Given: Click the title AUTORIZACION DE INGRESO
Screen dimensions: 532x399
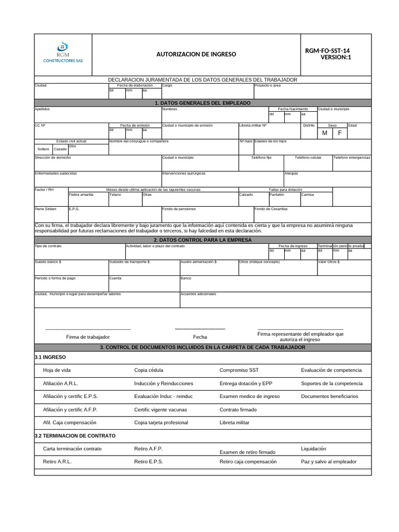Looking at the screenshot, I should tap(196, 55).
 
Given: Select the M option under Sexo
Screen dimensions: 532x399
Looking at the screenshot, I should tap(325, 134).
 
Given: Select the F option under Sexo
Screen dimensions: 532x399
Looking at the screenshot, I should tap(340, 134).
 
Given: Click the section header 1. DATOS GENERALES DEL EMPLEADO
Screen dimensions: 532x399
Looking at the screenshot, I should tap(203, 103).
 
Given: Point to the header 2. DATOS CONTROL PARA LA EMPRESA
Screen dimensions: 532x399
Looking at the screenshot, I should tap(203, 240).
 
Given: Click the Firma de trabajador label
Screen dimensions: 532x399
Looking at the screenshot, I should tap(88, 337).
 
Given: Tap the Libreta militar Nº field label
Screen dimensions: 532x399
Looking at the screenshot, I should tap(253, 126).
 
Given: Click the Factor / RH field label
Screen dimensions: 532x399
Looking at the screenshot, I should tap(44, 190).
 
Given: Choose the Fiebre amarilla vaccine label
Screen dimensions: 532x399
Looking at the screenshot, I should tap(81, 195).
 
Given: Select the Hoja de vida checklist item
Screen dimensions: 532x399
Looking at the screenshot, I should tap(57, 370).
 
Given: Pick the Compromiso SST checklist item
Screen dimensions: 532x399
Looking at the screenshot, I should tap(238, 370).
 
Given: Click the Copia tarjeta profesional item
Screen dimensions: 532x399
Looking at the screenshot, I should tap(161, 423).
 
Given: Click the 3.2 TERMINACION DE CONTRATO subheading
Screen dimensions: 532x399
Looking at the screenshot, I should tap(75, 435).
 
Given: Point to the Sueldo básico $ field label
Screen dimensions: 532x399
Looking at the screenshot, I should tap(48, 262).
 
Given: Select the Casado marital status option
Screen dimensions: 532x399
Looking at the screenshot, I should tap(60, 150).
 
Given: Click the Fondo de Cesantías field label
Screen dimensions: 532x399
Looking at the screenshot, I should tap(271, 209).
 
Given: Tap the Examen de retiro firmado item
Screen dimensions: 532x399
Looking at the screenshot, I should tap(247, 452).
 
